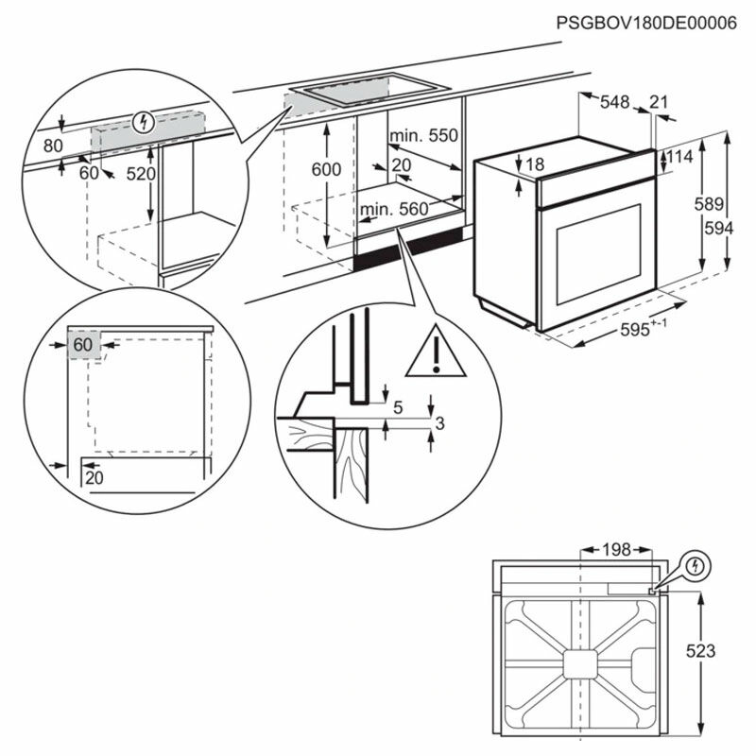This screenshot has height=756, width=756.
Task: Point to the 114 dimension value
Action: point(681,156)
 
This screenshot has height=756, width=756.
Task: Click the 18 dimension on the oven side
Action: point(535,165)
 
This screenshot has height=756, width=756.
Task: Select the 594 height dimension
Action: point(719,228)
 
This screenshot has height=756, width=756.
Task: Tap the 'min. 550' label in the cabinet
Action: point(423,136)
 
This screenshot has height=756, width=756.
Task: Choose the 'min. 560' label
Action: point(393,209)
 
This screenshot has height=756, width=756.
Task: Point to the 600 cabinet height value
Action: point(326,169)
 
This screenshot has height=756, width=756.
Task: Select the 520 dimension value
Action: point(142,174)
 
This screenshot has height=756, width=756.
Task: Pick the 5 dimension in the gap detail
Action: point(398,407)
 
